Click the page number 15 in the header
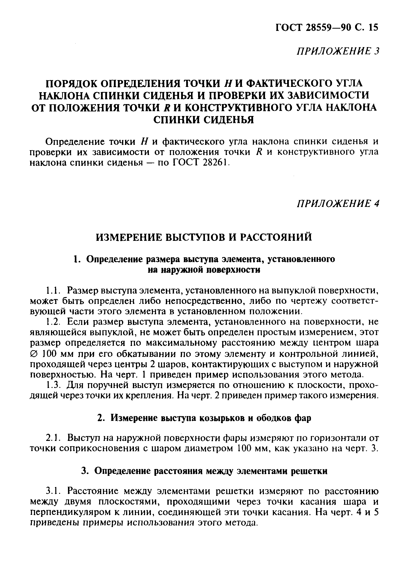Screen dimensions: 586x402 (x=372, y=27)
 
